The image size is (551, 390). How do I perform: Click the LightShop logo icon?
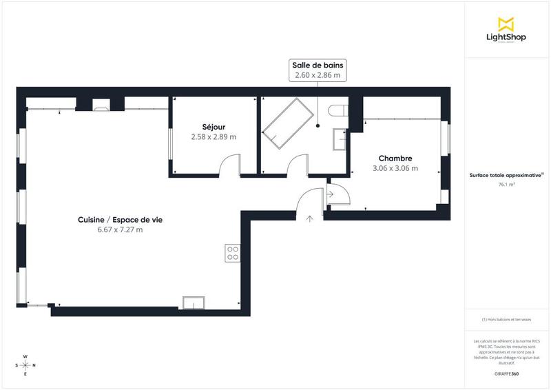tap(506, 23)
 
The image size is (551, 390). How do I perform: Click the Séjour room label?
tap(214, 127)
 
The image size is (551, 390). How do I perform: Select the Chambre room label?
tap(395, 158)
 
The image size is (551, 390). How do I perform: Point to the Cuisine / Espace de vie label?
tap(120, 220)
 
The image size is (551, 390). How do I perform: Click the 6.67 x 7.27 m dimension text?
tap(120, 230)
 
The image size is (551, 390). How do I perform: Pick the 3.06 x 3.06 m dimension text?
tap(395, 168)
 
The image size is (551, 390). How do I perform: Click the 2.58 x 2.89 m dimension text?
tap(214, 137)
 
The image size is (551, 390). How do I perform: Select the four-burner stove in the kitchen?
tap(232, 253)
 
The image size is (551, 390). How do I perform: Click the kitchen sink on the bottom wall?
tap(194, 303)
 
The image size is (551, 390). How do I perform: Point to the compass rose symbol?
tap(25, 365)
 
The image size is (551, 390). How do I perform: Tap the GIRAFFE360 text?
tap(506, 373)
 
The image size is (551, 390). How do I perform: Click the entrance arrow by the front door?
tap(309, 219)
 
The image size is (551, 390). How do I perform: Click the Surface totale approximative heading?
tap(506, 175)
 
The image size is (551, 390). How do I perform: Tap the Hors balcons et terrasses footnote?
tap(506, 320)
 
